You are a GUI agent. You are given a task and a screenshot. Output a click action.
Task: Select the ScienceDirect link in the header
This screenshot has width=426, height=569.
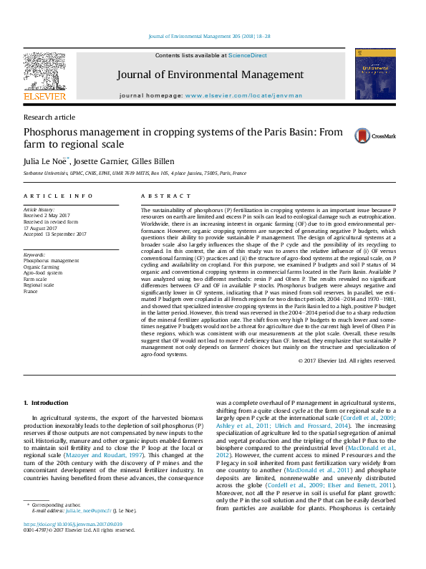pyautogui.click(x=248, y=55)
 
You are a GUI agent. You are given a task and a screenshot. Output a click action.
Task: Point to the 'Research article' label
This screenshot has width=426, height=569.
pyautogui.click(x=49, y=117)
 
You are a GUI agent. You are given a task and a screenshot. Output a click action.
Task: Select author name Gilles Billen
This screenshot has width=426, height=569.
pyautogui.click(x=154, y=161)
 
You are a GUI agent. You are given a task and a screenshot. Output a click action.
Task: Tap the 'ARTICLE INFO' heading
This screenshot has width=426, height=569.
pyautogui.click(x=58, y=196)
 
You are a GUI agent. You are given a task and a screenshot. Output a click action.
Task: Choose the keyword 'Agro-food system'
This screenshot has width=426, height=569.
pyautogui.click(x=44, y=273)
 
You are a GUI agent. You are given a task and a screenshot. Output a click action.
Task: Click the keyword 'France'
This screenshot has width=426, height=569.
pyautogui.click(x=31, y=292)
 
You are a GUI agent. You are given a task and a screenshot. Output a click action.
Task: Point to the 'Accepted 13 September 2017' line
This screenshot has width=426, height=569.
pyautogui.click(x=54, y=234)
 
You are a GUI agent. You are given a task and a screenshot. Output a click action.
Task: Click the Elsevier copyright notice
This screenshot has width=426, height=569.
pyautogui.click(x=347, y=360)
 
